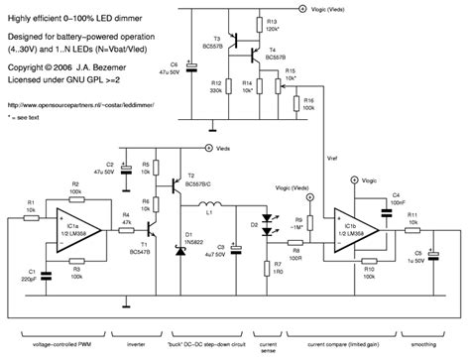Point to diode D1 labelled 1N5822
178,245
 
